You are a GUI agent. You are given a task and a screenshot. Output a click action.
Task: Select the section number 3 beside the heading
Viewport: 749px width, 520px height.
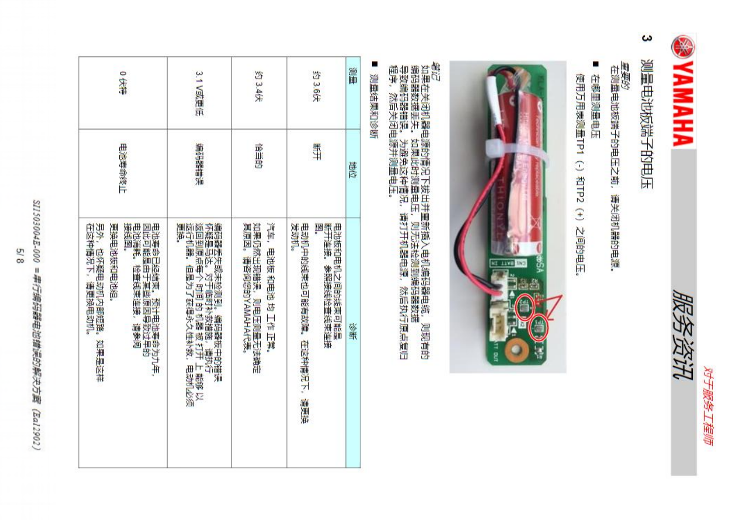pyautogui.click(x=645, y=38)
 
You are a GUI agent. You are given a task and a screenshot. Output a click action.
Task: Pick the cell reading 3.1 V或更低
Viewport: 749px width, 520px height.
pyautogui.click(x=199, y=93)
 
